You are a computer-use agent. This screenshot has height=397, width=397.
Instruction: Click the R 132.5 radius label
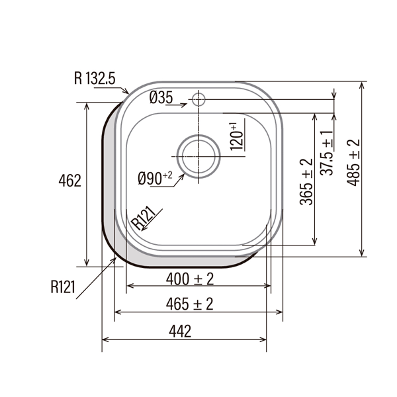[x=95, y=78]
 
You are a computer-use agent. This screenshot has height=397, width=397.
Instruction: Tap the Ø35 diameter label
[x=161, y=97]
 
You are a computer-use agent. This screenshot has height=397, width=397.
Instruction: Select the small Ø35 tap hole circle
[x=198, y=99]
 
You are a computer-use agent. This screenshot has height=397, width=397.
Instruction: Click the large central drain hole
[x=198, y=156]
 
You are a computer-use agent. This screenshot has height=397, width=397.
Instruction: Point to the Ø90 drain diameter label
[x=155, y=178]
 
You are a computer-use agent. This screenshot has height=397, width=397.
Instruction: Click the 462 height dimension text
[x=70, y=181]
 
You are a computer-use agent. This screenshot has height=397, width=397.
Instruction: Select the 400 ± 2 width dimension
[x=190, y=279]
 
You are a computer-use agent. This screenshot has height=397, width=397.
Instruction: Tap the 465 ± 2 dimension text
[x=190, y=304]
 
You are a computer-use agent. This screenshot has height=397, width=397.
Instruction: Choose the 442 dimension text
[x=180, y=331]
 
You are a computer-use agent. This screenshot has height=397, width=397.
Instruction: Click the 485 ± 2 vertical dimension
[x=353, y=163]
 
